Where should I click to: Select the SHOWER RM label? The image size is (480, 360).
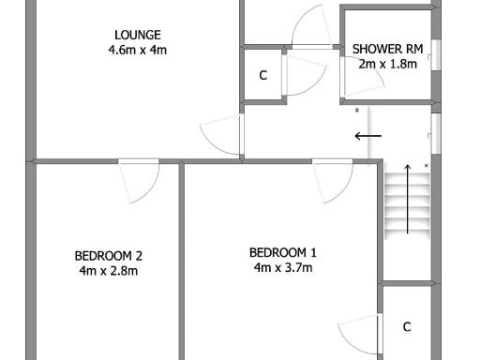386,49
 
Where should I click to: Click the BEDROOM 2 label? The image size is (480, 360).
109,256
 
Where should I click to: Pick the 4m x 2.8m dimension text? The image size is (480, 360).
109,271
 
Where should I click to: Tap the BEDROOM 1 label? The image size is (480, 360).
283,252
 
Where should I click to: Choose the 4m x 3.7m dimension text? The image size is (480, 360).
283,267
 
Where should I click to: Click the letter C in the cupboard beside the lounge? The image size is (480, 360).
263,75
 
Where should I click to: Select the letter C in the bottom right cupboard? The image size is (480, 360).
407,326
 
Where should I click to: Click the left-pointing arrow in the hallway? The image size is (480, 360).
367,137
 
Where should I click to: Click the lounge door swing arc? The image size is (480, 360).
221,137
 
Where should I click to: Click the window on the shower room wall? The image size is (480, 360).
434,53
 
